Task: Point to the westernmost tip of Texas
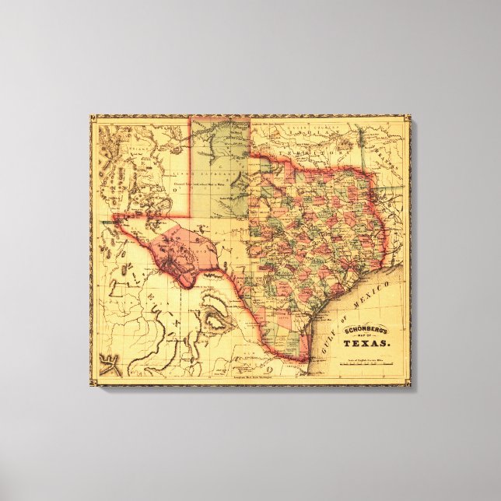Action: (114, 217)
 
